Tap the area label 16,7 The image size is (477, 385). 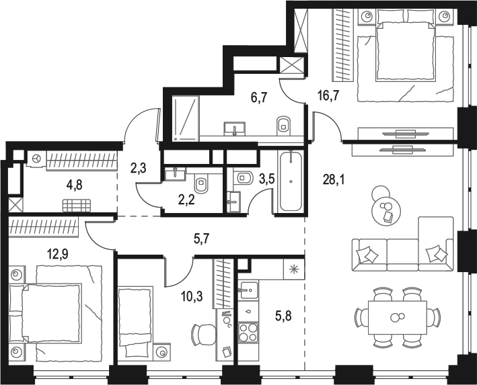[x=328, y=95]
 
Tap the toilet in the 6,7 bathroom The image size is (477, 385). [x=283, y=124]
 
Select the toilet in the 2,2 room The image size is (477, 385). [x=201, y=184]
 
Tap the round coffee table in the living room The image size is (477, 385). [x=386, y=210]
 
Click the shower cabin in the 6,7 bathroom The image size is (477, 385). [x=185, y=117]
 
